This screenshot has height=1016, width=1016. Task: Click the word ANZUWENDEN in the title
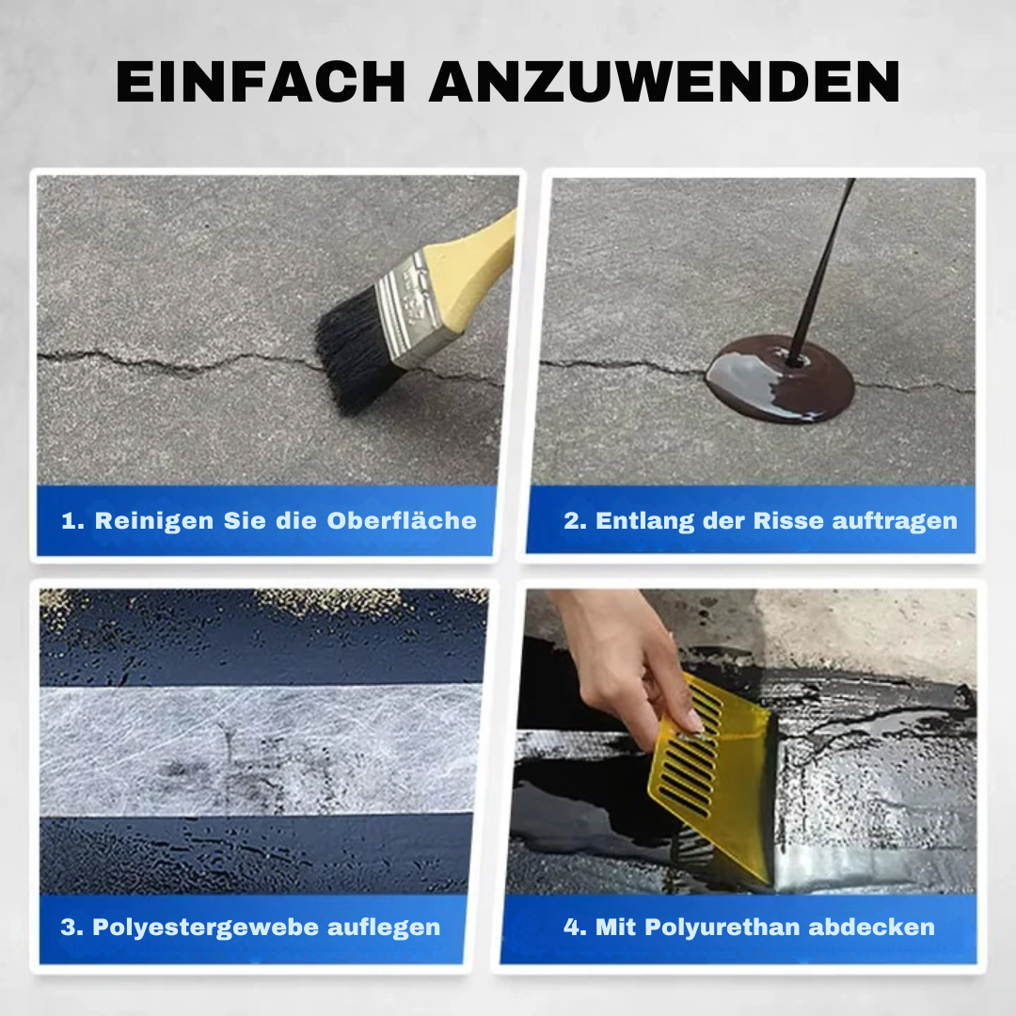click(x=664, y=84)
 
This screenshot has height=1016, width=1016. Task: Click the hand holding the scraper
click(x=626, y=659)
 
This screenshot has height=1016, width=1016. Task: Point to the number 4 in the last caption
click(x=572, y=928)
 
